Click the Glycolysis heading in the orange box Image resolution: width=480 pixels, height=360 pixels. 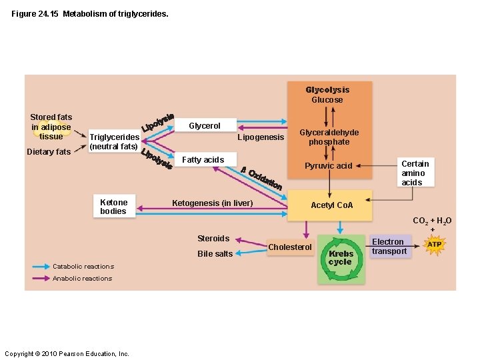[327, 89]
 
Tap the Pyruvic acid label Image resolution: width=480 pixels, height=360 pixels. [328, 165]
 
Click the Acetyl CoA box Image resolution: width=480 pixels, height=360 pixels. [332, 205]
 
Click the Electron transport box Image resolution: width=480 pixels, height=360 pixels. [389, 247]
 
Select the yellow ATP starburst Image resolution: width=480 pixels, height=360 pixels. [434, 245]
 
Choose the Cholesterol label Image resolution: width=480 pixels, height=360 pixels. [289, 247]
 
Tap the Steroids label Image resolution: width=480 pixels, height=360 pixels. [213, 238]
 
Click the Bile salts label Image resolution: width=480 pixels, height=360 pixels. [215, 253]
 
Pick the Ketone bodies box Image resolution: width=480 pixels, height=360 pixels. [113, 207]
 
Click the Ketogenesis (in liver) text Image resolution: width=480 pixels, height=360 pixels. [212, 203]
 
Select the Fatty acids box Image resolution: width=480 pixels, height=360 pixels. [203, 159]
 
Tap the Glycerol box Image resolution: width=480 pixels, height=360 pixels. [204, 125]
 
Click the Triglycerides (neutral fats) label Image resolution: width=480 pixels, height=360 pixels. [114, 141]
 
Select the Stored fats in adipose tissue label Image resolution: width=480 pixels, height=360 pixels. [51, 127]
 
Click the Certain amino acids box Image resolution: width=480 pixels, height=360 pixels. [415, 173]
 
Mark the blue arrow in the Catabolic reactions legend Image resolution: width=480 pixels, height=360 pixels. [41, 267]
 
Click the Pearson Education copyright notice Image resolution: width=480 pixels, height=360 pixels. [67, 353]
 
